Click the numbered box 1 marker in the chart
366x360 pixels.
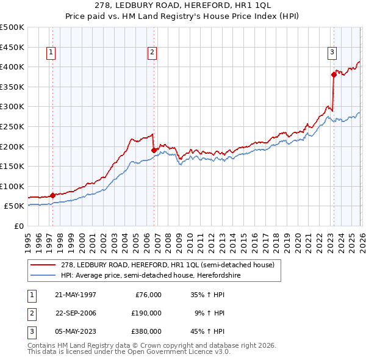coord(51,53)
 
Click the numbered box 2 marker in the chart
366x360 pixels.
coord(151,53)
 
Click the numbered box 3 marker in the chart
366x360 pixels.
coord(332,53)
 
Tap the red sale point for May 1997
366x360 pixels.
coord(52,195)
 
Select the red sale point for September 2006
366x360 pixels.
coord(154,149)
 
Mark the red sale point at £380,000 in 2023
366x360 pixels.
coord(334,74)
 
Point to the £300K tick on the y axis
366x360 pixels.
coord(13,106)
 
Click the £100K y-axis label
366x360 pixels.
coord(13,186)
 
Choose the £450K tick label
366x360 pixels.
coord(13,46)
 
